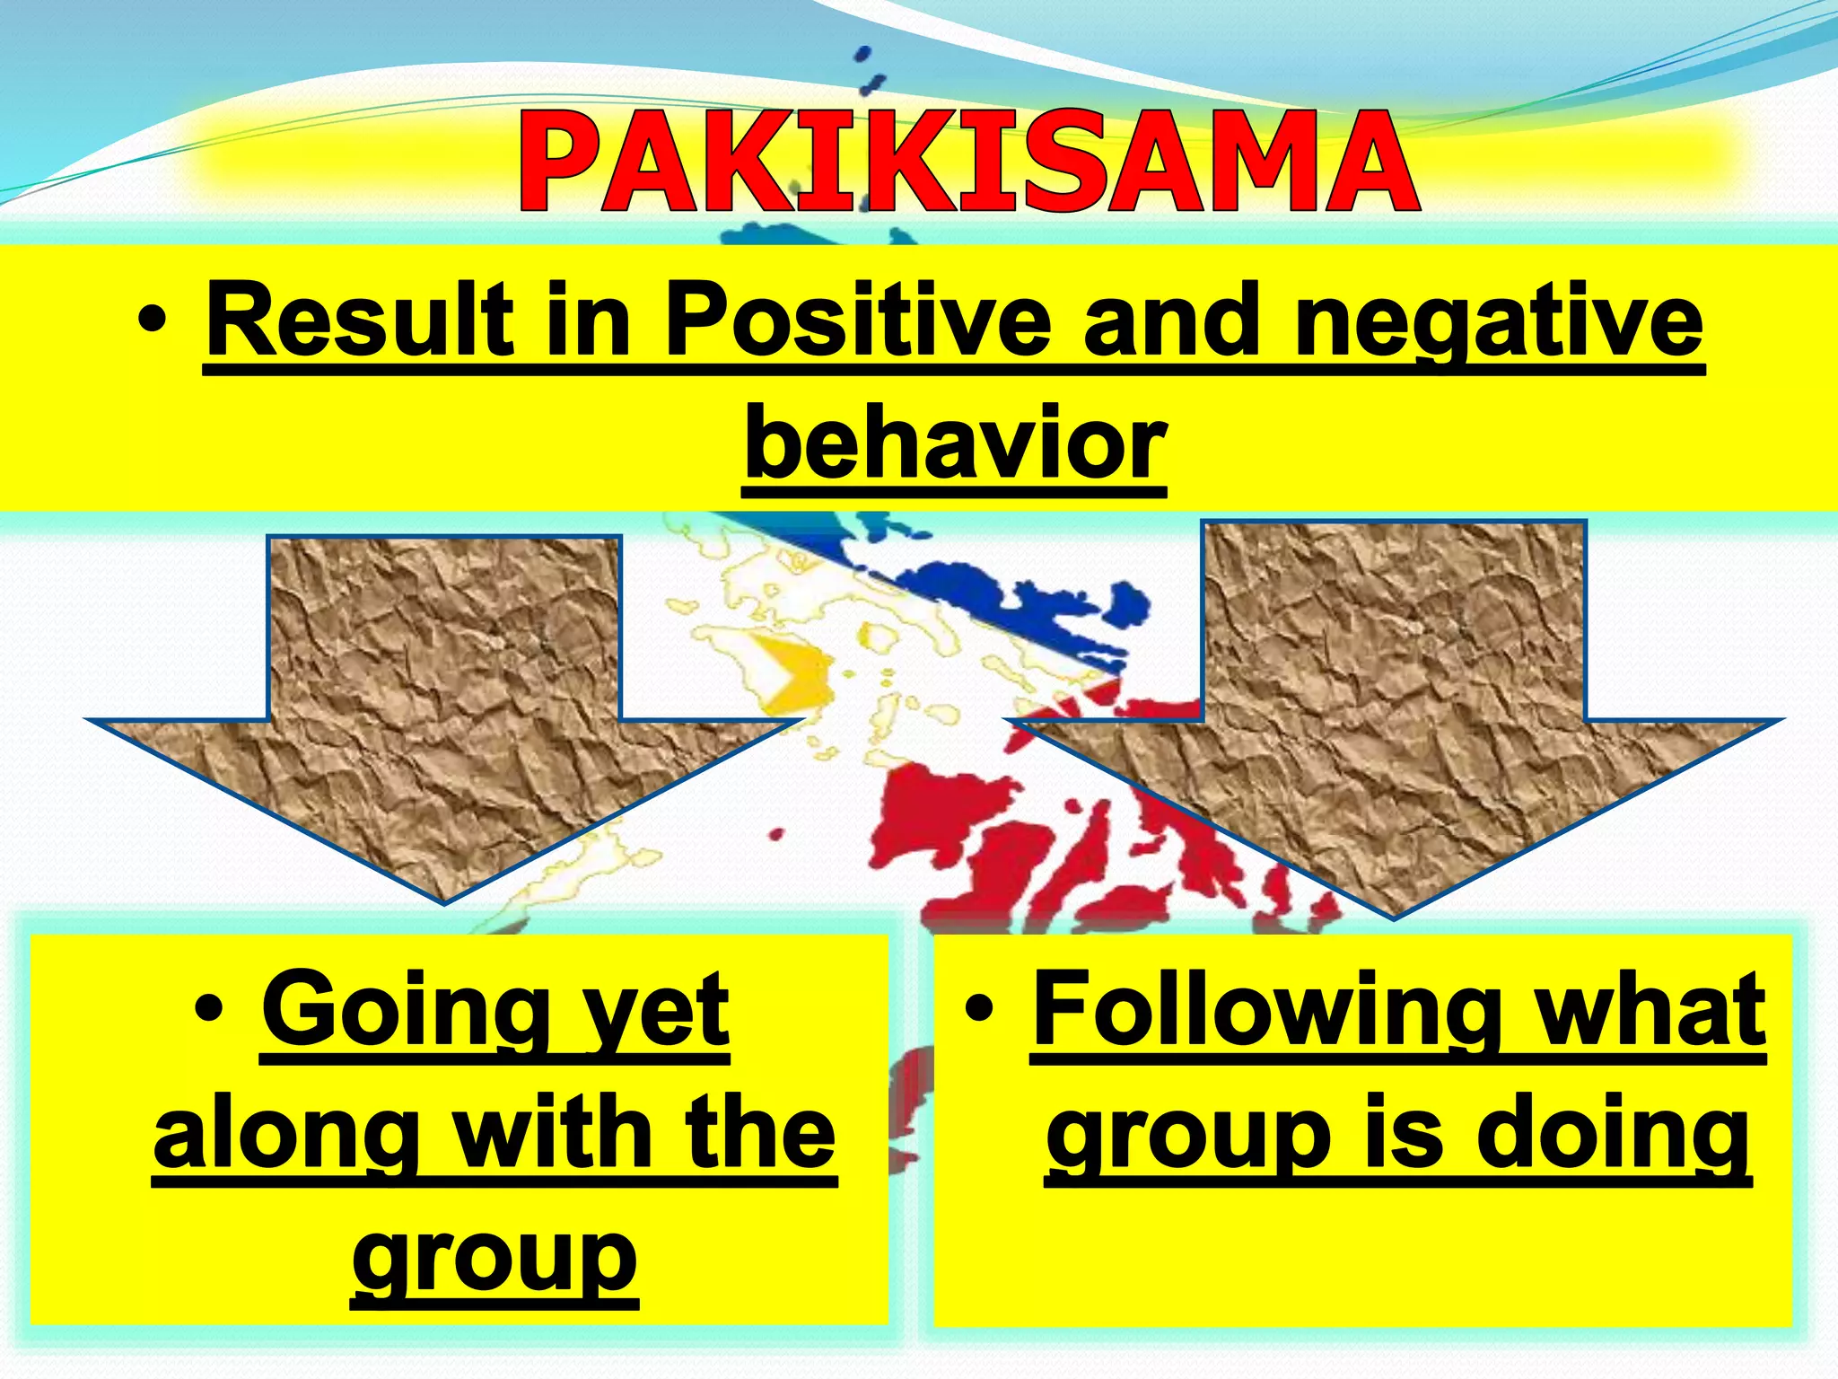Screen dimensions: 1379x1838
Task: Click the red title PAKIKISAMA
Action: (x=967, y=162)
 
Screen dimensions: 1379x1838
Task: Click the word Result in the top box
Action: (x=360, y=321)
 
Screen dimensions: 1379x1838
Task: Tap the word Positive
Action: (x=857, y=321)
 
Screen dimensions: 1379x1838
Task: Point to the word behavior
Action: (x=955, y=444)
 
